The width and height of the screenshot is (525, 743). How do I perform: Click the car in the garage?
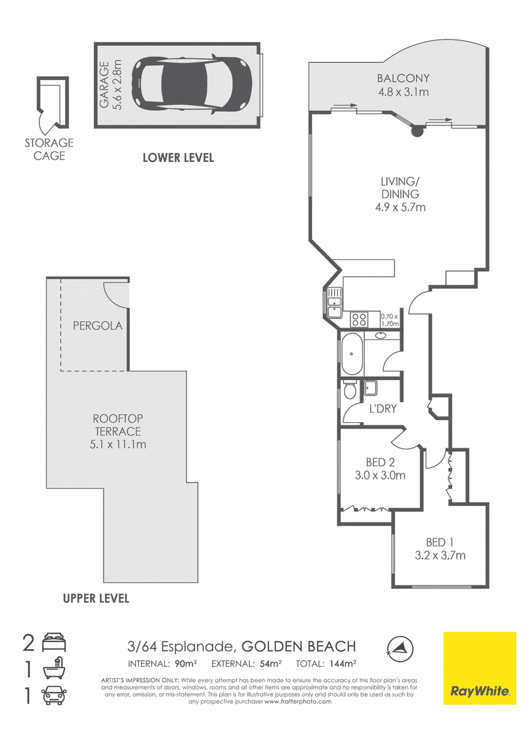(x=191, y=85)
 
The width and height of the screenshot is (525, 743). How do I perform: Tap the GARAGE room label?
(x=104, y=85)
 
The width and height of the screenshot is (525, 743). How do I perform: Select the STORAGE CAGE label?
(x=49, y=149)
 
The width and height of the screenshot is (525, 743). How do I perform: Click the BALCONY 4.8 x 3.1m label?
(x=403, y=85)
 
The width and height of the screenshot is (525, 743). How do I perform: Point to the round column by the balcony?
(x=417, y=131)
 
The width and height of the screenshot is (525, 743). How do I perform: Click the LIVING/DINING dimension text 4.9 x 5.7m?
(x=400, y=207)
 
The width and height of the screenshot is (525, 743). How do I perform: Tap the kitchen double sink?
(x=335, y=303)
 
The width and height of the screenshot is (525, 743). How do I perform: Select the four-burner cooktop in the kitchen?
(x=359, y=319)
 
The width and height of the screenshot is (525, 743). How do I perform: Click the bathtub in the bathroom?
(x=352, y=354)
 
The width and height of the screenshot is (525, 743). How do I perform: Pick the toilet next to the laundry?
(x=350, y=389)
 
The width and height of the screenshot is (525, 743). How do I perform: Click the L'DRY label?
(x=383, y=408)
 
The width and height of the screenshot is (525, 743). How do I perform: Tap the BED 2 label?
(x=380, y=462)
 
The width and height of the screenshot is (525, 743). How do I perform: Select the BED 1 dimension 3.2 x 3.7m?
(x=440, y=555)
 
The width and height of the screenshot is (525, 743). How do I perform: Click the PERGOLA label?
(x=98, y=326)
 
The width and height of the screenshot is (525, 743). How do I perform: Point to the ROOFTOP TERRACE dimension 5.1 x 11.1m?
(x=118, y=444)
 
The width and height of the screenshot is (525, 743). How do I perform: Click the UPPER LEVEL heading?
(x=96, y=599)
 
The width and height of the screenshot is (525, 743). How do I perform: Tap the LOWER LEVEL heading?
(x=178, y=158)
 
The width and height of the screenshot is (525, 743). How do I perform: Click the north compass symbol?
(x=400, y=648)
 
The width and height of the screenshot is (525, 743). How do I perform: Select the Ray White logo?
(x=480, y=668)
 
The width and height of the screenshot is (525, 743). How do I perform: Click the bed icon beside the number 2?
(x=54, y=643)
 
